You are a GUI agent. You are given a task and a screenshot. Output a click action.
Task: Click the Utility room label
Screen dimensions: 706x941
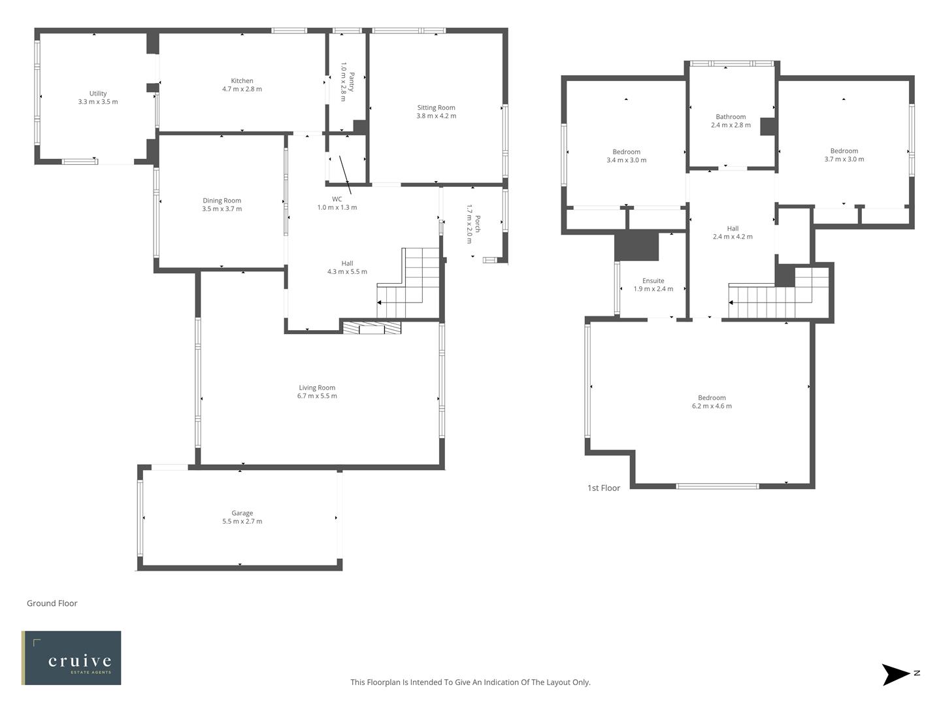pos(98,93)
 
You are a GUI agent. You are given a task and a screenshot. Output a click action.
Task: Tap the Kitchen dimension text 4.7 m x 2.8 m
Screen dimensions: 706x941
pos(242,89)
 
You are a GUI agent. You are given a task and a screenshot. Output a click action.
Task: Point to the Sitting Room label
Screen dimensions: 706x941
pos(436,108)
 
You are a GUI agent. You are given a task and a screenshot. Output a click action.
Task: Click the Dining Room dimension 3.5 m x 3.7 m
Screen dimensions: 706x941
pos(222,209)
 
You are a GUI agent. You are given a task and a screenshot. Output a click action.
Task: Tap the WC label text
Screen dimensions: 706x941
pos(337,199)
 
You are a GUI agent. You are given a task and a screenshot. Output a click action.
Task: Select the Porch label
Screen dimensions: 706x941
pos(478,224)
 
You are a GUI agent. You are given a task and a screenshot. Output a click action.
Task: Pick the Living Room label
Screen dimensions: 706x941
pos(317,388)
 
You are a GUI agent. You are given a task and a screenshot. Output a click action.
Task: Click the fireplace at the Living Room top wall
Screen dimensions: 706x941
pos(372,328)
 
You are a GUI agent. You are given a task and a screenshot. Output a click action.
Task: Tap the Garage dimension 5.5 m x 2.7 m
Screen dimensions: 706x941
pos(242,522)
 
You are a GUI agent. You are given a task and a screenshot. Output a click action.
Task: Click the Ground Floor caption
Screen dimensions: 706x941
pos(52,603)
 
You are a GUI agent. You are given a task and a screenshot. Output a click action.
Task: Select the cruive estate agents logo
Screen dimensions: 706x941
pos(71,658)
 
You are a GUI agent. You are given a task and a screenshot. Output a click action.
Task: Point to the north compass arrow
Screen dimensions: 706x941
pos(896,675)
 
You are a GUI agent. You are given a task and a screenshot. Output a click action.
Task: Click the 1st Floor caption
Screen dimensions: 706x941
pos(604,488)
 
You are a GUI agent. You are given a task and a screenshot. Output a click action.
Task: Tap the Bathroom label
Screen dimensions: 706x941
pos(731,117)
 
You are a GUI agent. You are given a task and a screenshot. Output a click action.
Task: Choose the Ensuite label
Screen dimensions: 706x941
pos(653,281)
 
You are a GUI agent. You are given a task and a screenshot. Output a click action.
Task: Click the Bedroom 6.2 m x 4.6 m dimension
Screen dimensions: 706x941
pos(712,406)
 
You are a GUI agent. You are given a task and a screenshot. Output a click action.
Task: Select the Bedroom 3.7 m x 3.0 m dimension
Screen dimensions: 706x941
pos(844,160)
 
